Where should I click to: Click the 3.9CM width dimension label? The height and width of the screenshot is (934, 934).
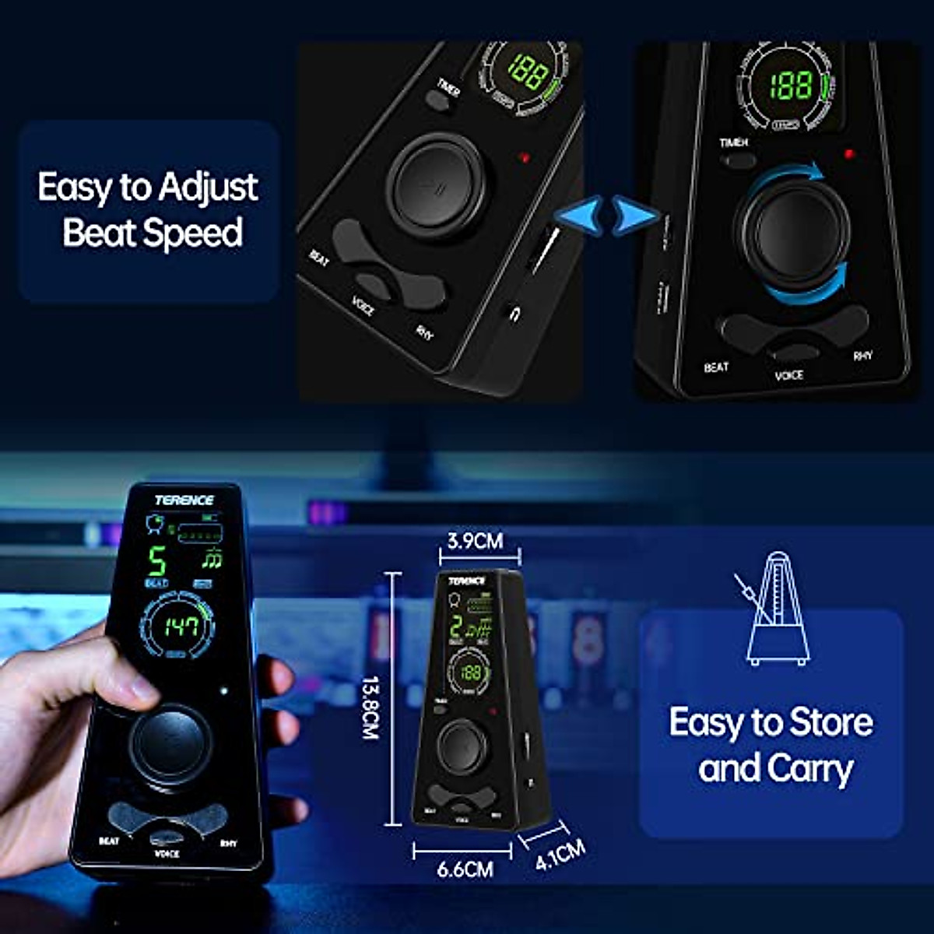point(475,541)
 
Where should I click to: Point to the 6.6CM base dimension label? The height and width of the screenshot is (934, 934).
point(465,869)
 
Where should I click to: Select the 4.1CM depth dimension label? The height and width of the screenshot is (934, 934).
point(560,855)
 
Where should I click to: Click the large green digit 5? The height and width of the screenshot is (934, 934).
point(157,560)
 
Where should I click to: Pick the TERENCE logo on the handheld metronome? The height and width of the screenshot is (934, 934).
point(184,500)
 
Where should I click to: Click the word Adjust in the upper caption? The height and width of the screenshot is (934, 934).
point(208,188)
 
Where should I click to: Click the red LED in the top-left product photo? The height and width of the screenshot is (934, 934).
point(525,158)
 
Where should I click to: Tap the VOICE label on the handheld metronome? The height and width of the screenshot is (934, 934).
point(167,854)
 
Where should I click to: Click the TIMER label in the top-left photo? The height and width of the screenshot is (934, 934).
point(448,86)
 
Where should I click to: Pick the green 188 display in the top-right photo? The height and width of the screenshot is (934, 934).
point(791,85)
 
